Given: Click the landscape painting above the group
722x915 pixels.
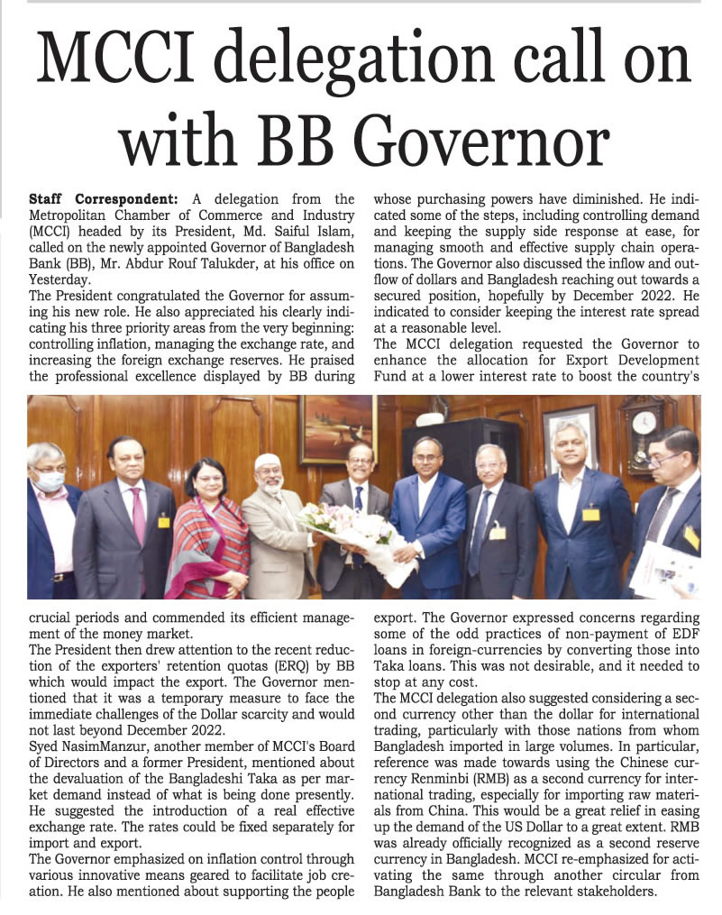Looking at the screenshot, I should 337,427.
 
